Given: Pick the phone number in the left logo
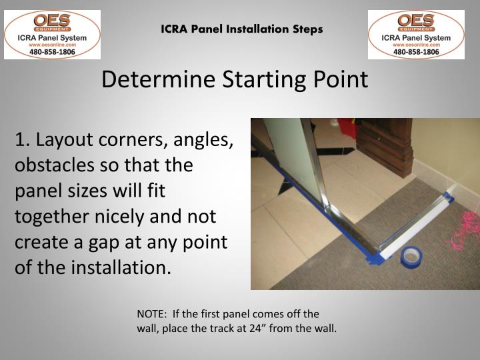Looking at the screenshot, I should coord(52,51).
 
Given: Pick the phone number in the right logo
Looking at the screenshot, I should coord(416,51).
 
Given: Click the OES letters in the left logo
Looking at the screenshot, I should coord(52,19).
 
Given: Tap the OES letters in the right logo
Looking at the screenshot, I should coord(416,19).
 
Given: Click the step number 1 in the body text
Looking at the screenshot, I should coord(21,141).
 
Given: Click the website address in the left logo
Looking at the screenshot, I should coord(52,44).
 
